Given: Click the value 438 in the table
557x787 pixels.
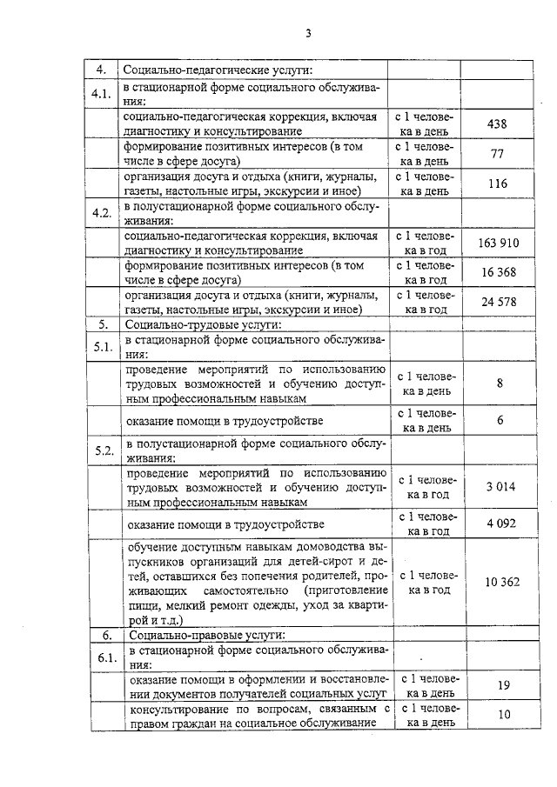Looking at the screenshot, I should pos(498,124).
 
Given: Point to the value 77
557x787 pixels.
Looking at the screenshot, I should pos(498,154).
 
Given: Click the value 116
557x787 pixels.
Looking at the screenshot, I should pos(498,183).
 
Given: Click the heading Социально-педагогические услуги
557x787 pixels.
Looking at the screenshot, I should pos(218,70).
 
